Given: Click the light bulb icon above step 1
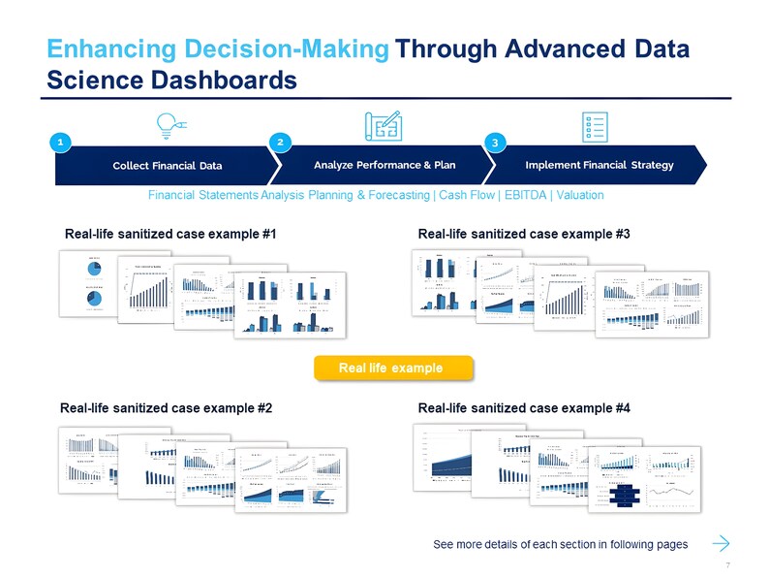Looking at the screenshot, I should [x=169, y=126].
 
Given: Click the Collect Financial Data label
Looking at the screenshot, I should [x=168, y=165].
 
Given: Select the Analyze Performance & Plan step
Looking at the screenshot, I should [x=384, y=164].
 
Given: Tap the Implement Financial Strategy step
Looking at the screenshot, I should [x=599, y=164].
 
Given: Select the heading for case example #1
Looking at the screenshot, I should [x=170, y=235].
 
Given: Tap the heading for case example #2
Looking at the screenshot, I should [x=166, y=409].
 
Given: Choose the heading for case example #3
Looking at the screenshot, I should [x=524, y=235].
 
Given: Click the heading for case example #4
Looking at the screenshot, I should [x=524, y=409].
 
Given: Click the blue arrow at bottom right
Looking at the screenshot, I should [x=722, y=541].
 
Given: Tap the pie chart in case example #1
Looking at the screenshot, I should [x=97, y=270].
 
